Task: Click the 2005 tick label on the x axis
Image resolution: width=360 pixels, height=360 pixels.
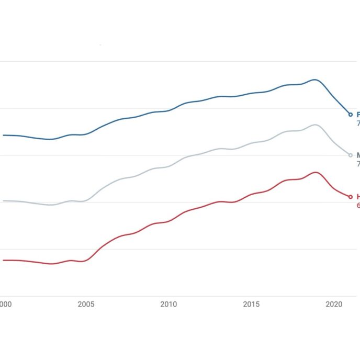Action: pos(86,304)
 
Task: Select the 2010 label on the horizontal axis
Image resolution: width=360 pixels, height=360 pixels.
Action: pos(168,304)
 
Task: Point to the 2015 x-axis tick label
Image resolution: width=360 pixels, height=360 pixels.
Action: pos(251,304)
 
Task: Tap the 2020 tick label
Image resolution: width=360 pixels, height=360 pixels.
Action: pos(334,304)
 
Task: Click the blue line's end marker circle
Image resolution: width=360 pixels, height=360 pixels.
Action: pos(351,114)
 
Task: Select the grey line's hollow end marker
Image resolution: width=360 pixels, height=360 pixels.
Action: pos(351,155)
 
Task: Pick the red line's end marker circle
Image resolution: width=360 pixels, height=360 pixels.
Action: pos(351,197)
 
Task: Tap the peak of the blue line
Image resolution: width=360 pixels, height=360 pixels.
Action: pos(314,80)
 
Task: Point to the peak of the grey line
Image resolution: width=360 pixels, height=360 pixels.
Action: pos(314,125)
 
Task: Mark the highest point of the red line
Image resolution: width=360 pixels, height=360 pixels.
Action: pos(315,172)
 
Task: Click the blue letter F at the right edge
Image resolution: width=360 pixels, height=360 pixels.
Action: pos(358,114)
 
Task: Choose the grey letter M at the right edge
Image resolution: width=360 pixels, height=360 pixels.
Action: pos(358,155)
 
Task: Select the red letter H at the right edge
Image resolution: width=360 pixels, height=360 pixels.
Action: pos(358,197)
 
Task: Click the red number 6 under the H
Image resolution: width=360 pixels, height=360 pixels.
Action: pos(358,206)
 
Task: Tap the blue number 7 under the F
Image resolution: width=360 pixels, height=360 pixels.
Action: pos(358,124)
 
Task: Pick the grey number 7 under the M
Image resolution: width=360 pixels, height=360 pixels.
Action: pos(358,164)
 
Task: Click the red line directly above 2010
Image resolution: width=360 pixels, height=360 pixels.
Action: pos(168,221)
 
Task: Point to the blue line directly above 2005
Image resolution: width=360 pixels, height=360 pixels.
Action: pos(86,134)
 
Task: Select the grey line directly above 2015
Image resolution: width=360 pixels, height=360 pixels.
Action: pos(251,143)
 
